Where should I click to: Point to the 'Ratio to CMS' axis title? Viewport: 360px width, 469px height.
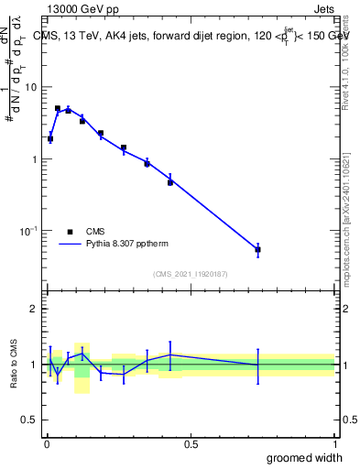14,365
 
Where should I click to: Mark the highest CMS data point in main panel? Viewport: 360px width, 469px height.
58,108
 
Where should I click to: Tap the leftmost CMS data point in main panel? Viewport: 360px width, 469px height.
50,139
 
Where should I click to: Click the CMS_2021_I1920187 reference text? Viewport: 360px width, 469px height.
191,274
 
